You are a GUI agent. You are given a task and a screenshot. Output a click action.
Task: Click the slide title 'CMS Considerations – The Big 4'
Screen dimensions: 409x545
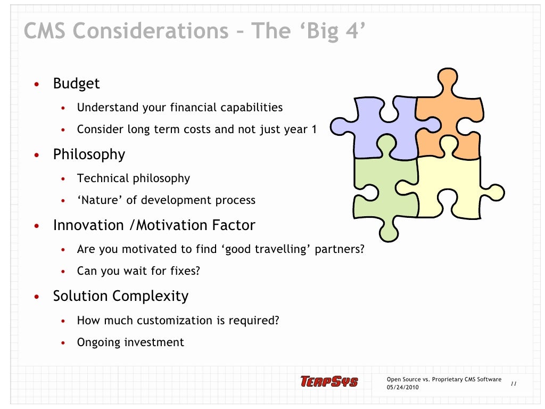[x=194, y=31]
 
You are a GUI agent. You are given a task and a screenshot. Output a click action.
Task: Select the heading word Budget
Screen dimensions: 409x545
[x=76, y=84]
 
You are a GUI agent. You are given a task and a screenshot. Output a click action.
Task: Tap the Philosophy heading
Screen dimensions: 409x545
[x=89, y=154]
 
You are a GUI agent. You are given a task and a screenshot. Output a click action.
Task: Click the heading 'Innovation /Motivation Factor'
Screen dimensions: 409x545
[x=154, y=225]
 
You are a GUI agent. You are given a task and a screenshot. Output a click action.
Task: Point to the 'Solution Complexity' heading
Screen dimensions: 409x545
[x=120, y=296]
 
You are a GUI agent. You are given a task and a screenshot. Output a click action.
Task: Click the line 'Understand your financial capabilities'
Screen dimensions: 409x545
[x=179, y=108]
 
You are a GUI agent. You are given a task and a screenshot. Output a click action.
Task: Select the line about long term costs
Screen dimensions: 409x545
[x=196, y=129]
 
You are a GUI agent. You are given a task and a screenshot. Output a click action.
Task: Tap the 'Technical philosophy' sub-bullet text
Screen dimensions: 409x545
[x=133, y=178]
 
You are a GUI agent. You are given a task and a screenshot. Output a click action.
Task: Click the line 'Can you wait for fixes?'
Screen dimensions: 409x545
[x=138, y=271]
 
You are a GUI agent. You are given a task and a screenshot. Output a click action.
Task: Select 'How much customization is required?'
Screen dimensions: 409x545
[x=178, y=321]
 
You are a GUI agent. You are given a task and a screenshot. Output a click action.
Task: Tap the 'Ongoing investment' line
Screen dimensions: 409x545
[x=130, y=342]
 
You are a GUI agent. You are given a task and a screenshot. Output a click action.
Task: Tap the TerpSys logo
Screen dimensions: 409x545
[x=329, y=381]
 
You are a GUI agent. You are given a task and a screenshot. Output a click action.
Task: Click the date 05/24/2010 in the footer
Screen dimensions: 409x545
[x=402, y=387]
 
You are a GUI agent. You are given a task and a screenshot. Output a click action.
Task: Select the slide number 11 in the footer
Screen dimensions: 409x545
[x=514, y=383]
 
